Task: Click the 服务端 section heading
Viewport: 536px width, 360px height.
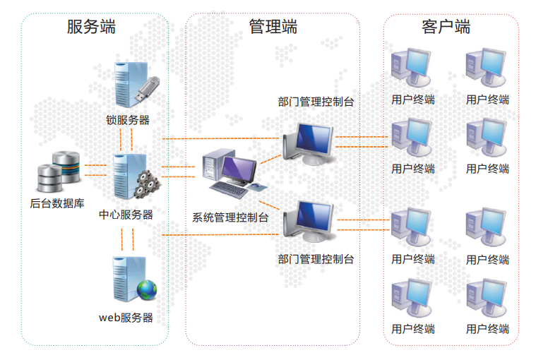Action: (x=91, y=27)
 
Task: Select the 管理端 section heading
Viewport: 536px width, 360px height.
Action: (x=273, y=27)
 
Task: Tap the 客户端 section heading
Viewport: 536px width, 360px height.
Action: (x=446, y=27)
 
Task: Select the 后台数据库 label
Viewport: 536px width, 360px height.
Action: (x=57, y=204)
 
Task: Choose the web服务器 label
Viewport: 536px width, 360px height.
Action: (x=126, y=318)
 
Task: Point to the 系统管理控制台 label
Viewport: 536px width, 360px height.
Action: (x=230, y=218)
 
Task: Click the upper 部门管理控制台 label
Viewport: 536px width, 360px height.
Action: (x=316, y=102)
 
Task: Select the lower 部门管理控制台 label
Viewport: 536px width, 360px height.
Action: (x=316, y=259)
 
